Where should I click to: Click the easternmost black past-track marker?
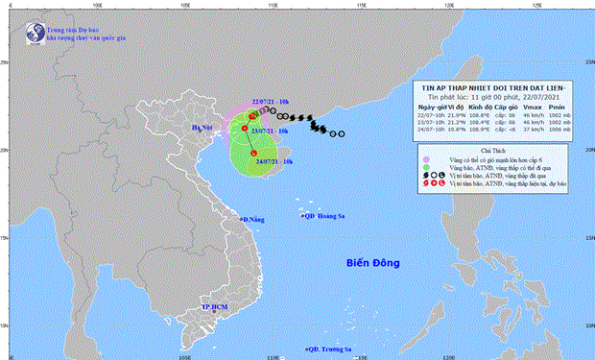(x=341, y=134)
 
